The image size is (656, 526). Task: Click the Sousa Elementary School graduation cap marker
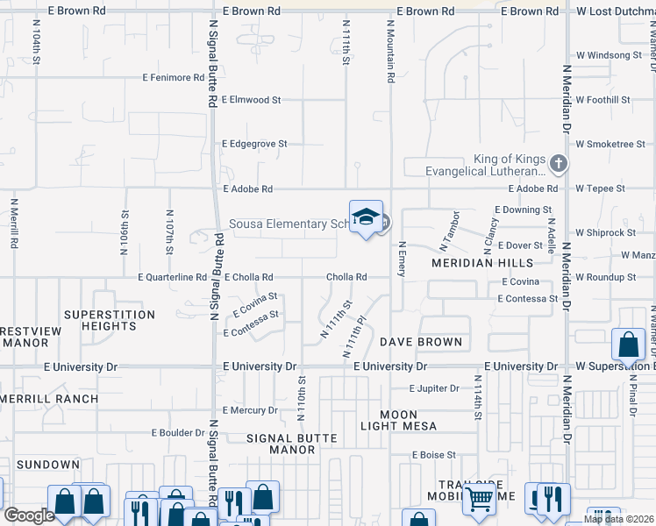(367, 218)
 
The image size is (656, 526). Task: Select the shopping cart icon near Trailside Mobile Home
(479, 500)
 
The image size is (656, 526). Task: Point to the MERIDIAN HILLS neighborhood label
(482, 263)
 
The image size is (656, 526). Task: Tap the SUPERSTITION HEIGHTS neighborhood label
(110, 320)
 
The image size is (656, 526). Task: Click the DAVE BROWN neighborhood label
(420, 342)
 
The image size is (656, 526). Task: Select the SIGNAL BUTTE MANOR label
(281, 444)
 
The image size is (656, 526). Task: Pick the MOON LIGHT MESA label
(399, 420)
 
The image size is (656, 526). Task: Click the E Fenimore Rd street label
(174, 77)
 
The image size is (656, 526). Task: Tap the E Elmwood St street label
(251, 100)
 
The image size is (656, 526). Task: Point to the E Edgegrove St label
(254, 143)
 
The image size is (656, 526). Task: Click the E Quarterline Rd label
(172, 277)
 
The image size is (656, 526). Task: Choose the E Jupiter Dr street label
(434, 388)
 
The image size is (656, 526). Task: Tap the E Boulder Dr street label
(177, 432)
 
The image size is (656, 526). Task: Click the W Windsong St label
(609, 55)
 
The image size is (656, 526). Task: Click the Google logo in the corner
(28, 515)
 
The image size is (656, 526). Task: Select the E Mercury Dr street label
(250, 409)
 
